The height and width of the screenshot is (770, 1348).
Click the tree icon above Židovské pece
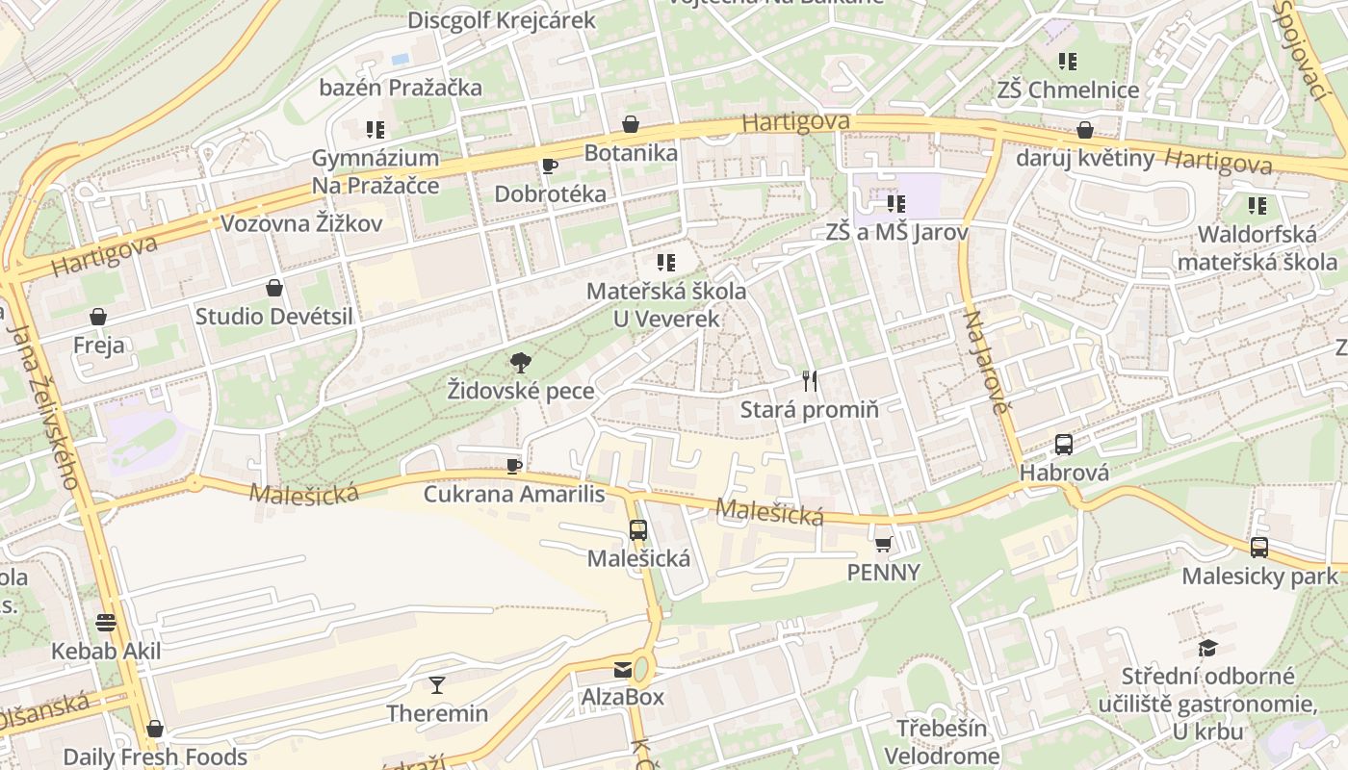(521, 363)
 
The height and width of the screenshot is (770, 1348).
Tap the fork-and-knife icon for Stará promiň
(810, 381)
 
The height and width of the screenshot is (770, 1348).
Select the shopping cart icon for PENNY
(883, 544)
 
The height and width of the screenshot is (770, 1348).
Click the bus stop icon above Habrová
(1064, 444)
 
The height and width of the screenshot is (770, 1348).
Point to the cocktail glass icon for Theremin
(437, 685)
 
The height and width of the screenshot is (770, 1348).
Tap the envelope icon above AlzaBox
(623, 669)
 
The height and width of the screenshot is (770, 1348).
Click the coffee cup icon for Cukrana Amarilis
(514, 466)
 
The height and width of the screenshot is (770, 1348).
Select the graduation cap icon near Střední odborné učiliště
(1207, 648)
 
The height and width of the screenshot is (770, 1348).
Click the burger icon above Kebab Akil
(106, 623)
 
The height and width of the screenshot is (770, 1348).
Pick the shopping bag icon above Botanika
(631, 124)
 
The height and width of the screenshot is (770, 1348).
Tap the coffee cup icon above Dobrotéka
(550, 166)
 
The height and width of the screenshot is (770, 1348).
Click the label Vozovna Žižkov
(301, 224)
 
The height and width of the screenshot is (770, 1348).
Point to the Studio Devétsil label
(274, 316)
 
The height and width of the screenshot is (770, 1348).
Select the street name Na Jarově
(988, 362)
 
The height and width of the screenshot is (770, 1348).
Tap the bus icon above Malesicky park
(1259, 548)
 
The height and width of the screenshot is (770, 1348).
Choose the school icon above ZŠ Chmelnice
(1067, 62)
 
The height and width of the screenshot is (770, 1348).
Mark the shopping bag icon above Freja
(98, 317)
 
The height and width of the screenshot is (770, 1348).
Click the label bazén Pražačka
(401, 88)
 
